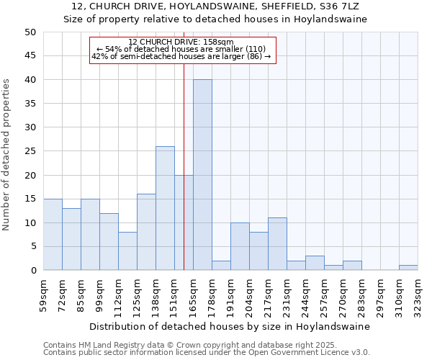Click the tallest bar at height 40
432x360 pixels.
tap(202, 175)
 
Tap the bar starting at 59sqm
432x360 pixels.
tap(53, 234)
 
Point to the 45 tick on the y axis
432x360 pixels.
tap(30, 56)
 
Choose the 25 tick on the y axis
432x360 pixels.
tap(30, 151)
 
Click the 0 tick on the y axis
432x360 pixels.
tap(33, 271)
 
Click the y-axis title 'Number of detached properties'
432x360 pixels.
tap(7, 156)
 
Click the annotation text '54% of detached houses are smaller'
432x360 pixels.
tap(184, 49)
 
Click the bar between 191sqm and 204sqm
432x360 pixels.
tap(240, 247)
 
